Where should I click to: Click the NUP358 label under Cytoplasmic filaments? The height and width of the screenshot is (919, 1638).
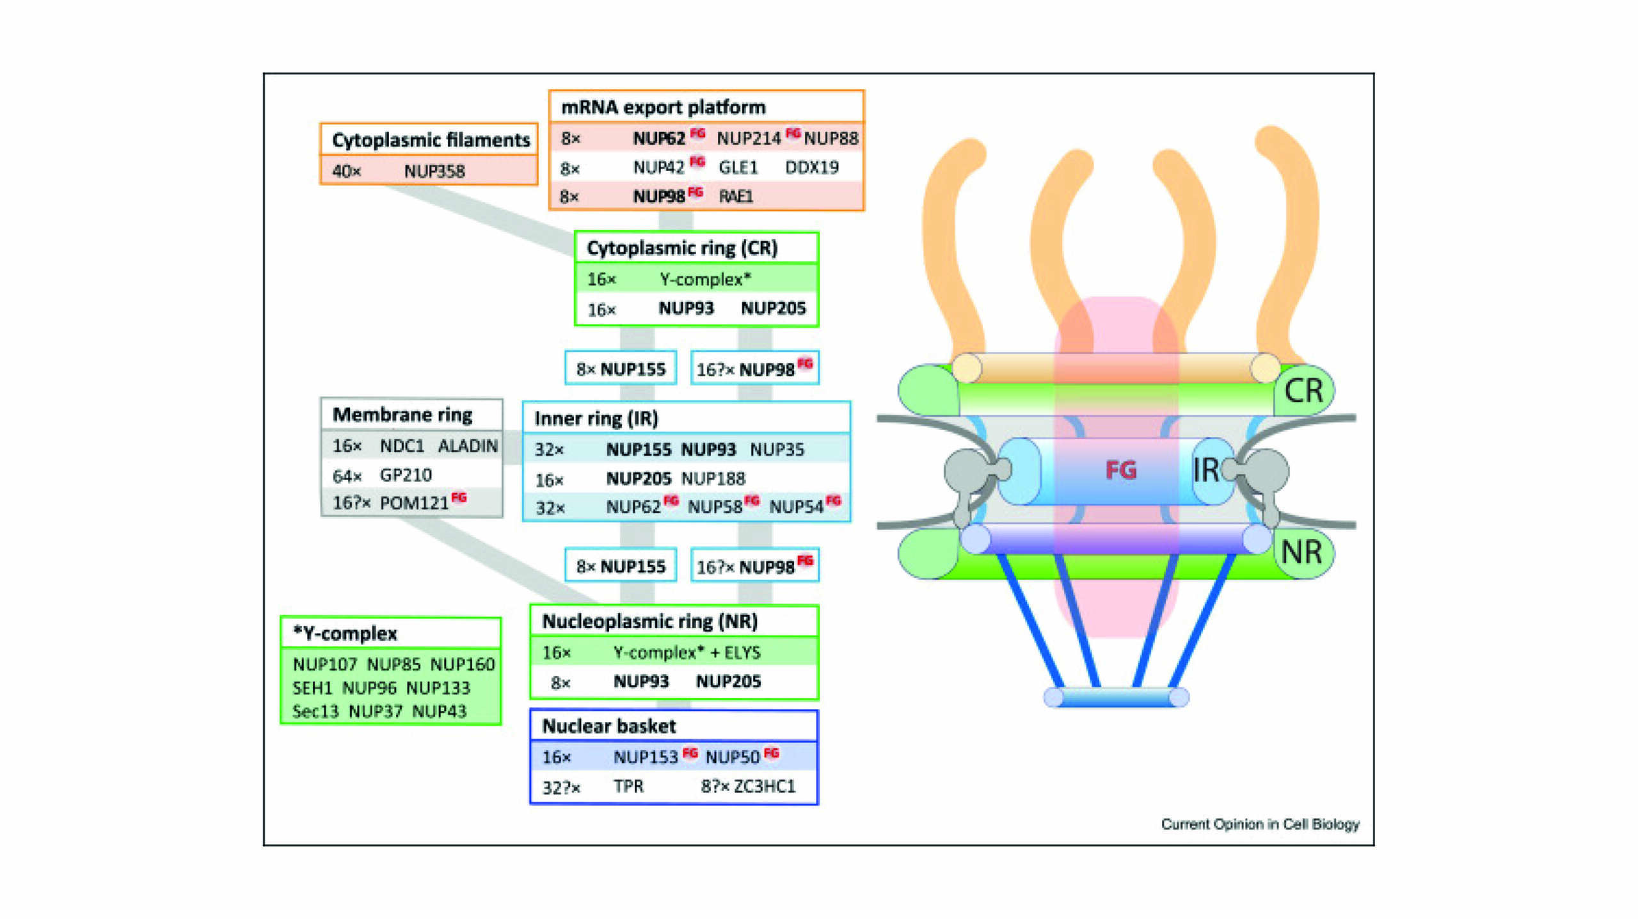434,171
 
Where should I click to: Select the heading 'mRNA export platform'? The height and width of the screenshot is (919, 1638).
663,107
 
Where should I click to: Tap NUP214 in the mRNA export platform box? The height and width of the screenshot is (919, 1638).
748,138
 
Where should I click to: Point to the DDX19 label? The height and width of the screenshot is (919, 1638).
811,167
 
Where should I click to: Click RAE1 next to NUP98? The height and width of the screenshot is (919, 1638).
735,196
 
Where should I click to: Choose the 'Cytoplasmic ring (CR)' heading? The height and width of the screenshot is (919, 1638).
681,248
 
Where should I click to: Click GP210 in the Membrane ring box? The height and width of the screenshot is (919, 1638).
406,475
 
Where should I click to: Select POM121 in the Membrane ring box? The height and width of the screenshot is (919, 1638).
414,503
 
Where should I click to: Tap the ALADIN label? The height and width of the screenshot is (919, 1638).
467,445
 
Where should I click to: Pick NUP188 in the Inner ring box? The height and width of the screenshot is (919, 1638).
713,478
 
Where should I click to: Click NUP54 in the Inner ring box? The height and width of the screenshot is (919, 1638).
796,507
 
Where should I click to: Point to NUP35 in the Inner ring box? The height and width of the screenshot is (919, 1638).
776,449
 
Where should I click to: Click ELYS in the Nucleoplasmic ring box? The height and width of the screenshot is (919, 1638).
742,652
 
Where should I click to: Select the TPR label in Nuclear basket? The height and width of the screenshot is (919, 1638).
628,786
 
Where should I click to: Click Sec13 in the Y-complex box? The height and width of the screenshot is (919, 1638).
315,711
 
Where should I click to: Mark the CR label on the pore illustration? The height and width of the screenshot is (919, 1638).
1303,390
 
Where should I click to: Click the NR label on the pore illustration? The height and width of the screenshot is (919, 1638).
1301,552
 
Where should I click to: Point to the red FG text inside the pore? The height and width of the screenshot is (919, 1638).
1120,470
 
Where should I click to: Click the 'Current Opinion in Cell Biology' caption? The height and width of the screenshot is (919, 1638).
1259,824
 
